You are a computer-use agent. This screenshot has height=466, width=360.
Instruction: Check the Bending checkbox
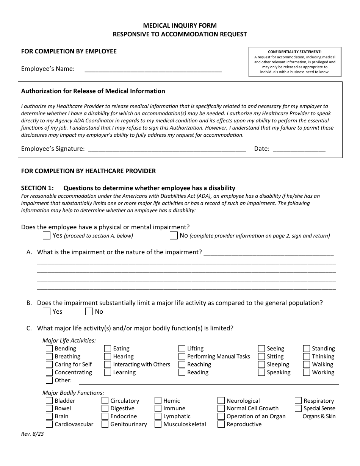49,349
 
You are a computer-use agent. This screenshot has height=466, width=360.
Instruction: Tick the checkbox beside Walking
307,364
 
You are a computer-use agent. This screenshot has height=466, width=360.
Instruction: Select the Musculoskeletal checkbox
158,424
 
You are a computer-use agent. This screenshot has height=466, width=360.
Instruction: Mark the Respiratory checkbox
298,401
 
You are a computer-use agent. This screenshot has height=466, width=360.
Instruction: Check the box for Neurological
221,401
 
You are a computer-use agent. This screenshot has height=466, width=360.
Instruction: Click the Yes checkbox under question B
47,311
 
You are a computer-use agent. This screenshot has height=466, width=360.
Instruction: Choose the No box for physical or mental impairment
174,236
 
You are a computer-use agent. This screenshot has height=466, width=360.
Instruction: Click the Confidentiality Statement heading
294,52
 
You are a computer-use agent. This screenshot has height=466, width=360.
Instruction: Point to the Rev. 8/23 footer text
32,434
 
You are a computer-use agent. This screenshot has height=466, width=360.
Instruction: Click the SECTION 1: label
38,188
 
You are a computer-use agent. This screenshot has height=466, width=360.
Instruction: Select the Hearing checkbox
108,357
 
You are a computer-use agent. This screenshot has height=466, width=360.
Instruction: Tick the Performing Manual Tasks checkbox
182,357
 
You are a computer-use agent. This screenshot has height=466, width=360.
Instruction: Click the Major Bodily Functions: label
73,393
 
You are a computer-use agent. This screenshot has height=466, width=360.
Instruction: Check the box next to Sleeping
261,364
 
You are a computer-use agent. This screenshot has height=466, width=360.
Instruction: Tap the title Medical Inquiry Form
180,25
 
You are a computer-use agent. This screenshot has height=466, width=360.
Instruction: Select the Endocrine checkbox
105,416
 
